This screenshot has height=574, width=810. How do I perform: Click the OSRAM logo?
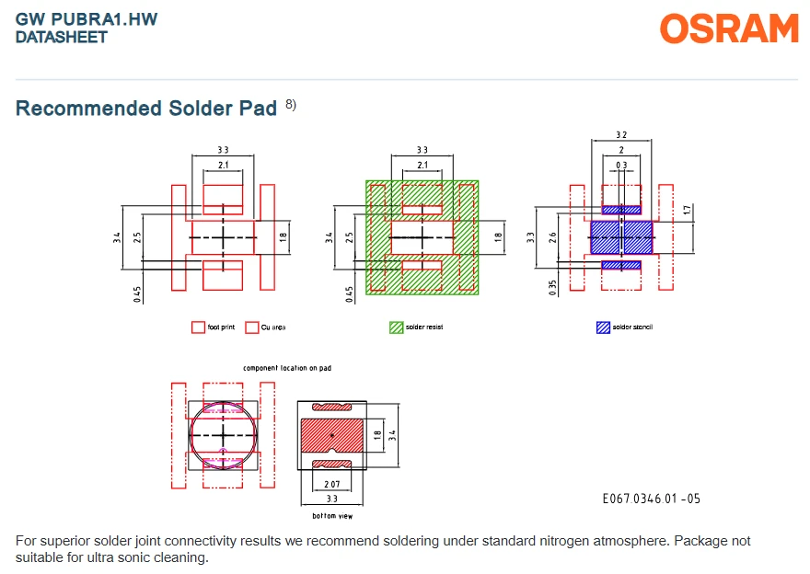pos(729,29)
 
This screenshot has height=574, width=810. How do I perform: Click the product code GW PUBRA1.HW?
pos(87,19)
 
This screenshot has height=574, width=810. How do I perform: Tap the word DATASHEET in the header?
pos(62,37)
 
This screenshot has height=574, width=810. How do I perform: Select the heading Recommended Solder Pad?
pos(146,109)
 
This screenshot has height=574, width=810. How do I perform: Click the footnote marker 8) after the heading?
pos(291,104)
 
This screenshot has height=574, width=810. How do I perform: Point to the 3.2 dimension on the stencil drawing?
pos(621,134)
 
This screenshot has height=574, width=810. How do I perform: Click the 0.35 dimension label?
pos(553,288)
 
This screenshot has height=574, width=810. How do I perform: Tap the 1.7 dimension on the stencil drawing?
pos(687,210)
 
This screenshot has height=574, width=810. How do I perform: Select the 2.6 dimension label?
pos(553,237)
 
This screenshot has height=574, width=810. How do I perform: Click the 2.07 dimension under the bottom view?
pos(332,484)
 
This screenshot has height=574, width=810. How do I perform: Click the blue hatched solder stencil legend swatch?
pos(603,327)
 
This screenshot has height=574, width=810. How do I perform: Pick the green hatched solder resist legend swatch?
pos(396,327)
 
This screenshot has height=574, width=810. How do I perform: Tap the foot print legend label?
pos(221,327)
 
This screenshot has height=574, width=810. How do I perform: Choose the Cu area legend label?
pos(273,327)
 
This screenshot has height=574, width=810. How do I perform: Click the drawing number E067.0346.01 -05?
pos(652,499)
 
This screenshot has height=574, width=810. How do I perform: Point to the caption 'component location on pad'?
pos(287,368)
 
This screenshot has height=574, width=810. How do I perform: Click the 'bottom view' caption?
pos(332,516)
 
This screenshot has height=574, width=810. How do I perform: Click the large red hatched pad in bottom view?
pos(332,435)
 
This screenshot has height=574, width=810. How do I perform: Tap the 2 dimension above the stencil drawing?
pos(621,150)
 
